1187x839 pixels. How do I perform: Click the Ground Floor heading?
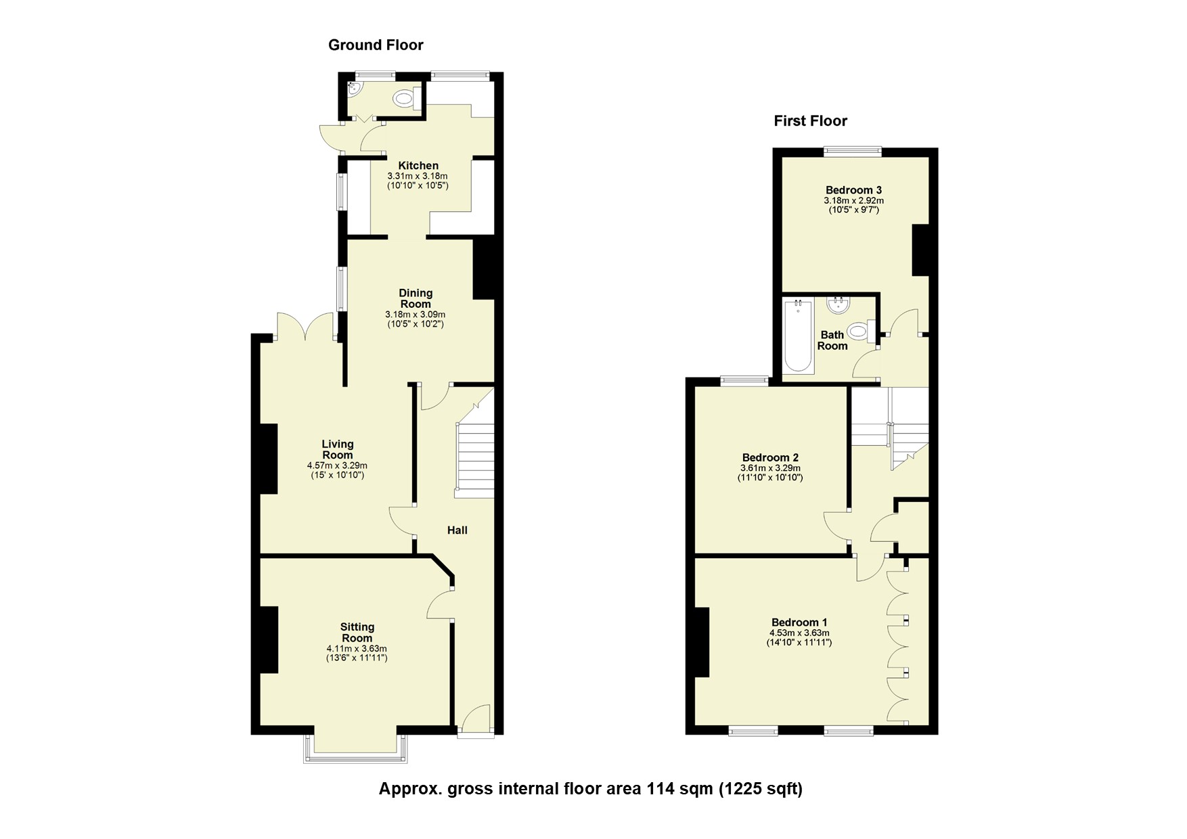[x=376, y=45]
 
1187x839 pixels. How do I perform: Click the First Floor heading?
[x=810, y=121]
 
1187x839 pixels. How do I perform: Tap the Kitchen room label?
[x=418, y=166]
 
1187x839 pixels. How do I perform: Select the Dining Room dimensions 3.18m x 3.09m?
[x=415, y=315]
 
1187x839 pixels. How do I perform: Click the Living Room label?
[x=337, y=449]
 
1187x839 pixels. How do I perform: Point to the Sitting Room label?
[x=357, y=633]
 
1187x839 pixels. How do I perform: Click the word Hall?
[x=457, y=530]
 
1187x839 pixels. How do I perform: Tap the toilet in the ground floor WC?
[x=405, y=99]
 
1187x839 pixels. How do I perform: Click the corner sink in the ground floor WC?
[x=353, y=88]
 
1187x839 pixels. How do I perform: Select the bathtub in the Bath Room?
[x=798, y=336]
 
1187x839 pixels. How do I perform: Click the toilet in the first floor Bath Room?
[x=859, y=332]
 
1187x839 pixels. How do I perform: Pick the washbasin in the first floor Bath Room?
[x=839, y=304]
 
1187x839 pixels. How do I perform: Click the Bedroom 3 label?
[x=853, y=190]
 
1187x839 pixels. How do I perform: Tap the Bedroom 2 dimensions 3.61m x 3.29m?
[x=770, y=468]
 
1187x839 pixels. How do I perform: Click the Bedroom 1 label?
[x=799, y=622]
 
